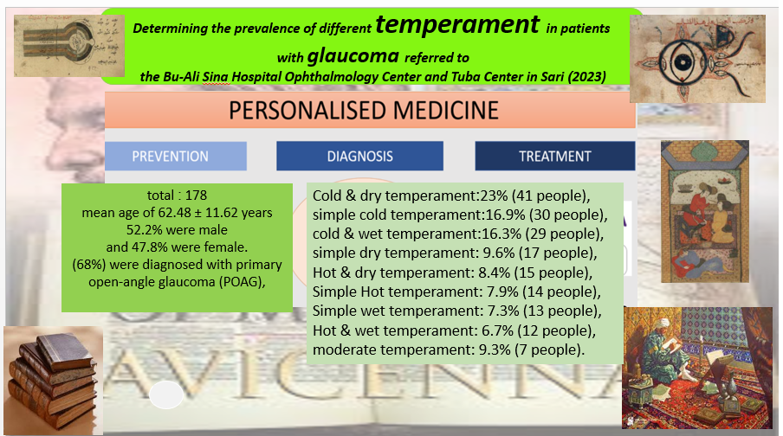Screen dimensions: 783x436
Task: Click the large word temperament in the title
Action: click(457, 25)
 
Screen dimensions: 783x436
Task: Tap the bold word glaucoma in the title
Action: click(353, 56)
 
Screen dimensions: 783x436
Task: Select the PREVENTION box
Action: click(175, 156)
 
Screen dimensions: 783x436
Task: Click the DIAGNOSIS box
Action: click(359, 156)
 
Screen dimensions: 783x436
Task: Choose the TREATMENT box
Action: click(555, 156)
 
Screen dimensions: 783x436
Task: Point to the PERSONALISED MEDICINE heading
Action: click(364, 110)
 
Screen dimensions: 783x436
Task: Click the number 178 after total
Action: click(196, 195)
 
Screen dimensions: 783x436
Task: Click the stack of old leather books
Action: click(53, 380)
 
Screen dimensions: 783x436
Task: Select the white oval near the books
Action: click(166, 394)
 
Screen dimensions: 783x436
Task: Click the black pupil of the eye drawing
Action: click(682, 62)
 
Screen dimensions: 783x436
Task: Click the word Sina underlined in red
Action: click(217, 77)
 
